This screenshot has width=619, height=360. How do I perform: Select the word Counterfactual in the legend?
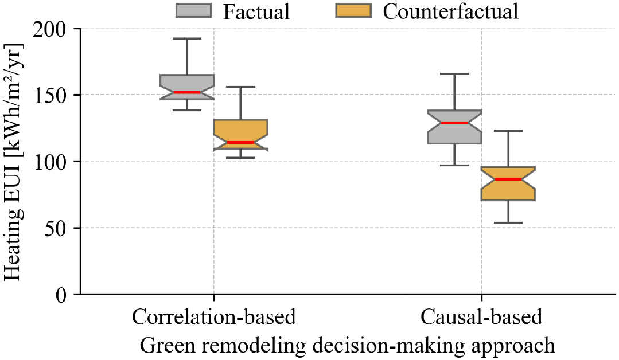(x=450, y=11)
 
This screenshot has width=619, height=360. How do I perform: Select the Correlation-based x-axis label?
(x=214, y=317)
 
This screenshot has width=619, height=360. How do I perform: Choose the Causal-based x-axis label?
(x=481, y=317)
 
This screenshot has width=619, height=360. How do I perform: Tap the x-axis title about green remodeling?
(x=348, y=346)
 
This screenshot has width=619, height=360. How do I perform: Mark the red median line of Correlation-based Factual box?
(x=187, y=92)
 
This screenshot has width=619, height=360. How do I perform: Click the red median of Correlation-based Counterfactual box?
(x=240, y=142)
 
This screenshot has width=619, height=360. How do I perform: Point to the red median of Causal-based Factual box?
(x=454, y=123)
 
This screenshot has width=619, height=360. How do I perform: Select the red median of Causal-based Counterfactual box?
(x=508, y=179)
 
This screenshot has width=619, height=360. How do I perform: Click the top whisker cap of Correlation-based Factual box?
(x=187, y=38)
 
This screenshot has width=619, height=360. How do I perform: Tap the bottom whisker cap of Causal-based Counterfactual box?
(x=508, y=222)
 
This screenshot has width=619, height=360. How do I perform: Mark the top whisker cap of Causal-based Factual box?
(x=454, y=74)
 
